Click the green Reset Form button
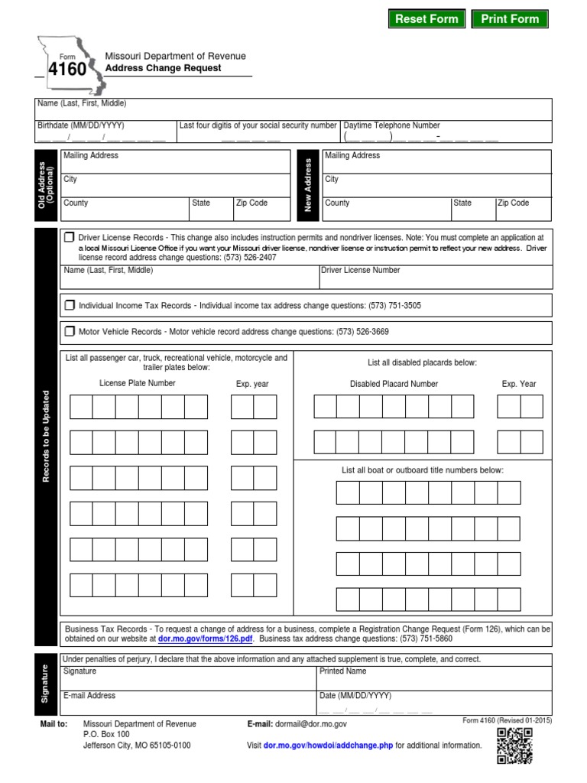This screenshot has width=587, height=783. click(426, 19)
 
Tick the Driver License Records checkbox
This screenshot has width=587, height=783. click(70, 238)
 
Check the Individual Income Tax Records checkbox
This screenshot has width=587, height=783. click(70, 305)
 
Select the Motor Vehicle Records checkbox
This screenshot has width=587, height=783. click(70, 332)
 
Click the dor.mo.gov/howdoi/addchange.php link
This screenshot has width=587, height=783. click(328, 746)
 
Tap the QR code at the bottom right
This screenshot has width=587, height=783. click(514, 746)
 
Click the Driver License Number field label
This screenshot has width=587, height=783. click(360, 271)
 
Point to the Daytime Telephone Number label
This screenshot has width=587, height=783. click(391, 125)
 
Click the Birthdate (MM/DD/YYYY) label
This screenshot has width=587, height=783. click(80, 125)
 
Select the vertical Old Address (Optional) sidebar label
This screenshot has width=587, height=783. click(46, 184)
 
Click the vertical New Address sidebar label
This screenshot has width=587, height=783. click(308, 184)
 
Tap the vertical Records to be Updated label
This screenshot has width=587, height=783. click(46, 436)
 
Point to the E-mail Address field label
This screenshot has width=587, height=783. click(89, 696)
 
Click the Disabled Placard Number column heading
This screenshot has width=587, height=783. click(394, 384)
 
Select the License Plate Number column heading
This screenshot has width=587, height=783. click(138, 383)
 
